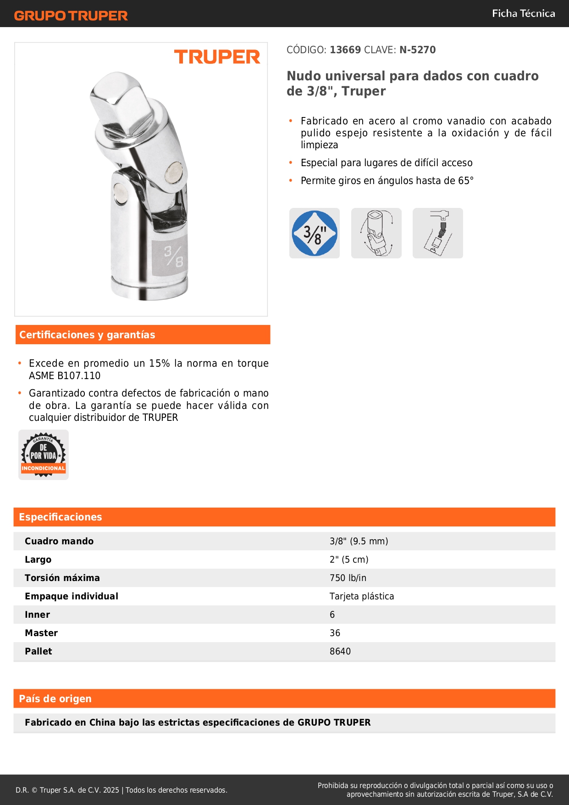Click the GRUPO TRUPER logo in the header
click(x=71, y=16)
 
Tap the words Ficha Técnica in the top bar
click(x=523, y=13)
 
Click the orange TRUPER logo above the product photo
click(x=217, y=57)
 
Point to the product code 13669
click(x=345, y=50)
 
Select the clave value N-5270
click(x=417, y=50)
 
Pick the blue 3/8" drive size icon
click(x=315, y=233)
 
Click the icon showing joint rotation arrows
click(x=376, y=233)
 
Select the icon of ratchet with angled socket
click(x=438, y=233)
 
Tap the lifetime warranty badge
click(x=44, y=455)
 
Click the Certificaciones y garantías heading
click(x=87, y=335)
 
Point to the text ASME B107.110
click(x=65, y=375)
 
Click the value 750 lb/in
click(x=348, y=578)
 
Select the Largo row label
click(x=38, y=559)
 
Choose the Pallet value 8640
click(x=340, y=651)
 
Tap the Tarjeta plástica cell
click(x=362, y=596)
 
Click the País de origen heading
click(x=55, y=699)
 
